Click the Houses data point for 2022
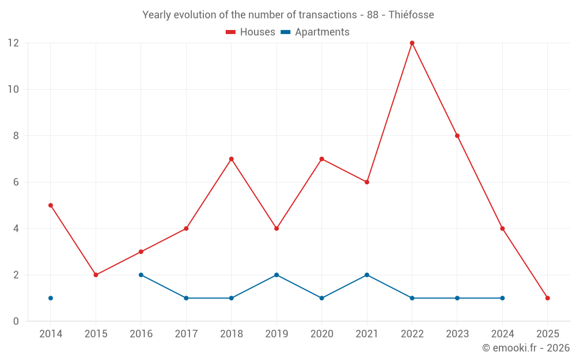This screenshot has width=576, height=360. click(x=412, y=43)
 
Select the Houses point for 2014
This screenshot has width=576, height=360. click(x=51, y=205)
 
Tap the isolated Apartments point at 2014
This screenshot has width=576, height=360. click(x=51, y=298)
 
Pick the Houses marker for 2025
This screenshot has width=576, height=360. click(x=547, y=298)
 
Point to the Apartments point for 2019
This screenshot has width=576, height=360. click(x=276, y=275)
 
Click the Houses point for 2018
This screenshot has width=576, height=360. click(x=231, y=159)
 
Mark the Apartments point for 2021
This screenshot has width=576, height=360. click(x=367, y=275)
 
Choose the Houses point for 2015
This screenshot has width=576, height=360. click(x=96, y=275)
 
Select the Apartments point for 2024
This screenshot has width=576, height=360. click(x=502, y=298)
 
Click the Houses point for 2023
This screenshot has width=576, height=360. click(x=457, y=136)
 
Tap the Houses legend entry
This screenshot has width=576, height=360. click(x=251, y=32)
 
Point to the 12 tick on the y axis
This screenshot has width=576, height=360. click(x=13, y=43)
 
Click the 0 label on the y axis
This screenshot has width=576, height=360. click(x=16, y=321)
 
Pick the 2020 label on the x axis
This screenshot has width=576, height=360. click(x=321, y=334)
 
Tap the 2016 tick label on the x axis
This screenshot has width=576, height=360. click(x=141, y=334)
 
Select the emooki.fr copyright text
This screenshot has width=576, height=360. click(x=526, y=348)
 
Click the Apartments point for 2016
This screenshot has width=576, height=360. click(x=141, y=275)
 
